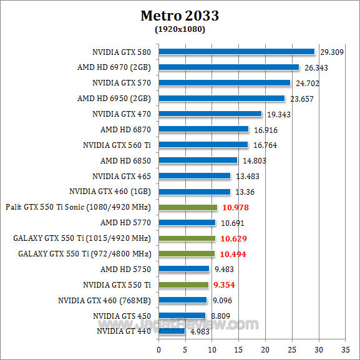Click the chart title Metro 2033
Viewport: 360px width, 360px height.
[x=180, y=15]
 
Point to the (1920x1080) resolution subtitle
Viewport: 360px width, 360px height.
[x=180, y=29]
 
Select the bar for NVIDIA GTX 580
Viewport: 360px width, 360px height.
[x=236, y=51]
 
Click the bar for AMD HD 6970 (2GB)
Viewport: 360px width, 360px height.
[x=229, y=67]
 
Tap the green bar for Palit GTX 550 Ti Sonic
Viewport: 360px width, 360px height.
[x=188, y=207]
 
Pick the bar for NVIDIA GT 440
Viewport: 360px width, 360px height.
[x=172, y=331]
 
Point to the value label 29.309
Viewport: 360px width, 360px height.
[x=332, y=52]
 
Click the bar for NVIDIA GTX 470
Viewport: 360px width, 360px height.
[x=210, y=114]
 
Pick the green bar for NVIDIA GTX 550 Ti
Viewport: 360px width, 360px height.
[x=183, y=285]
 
